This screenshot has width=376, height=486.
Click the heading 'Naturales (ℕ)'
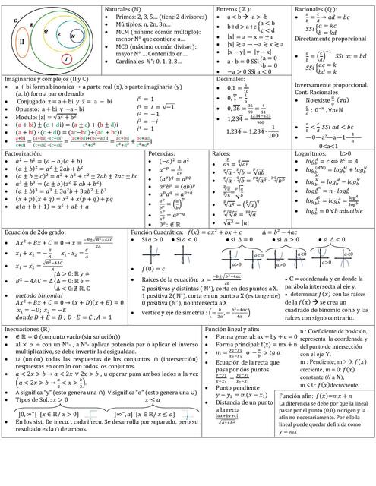click(x=125, y=8)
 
